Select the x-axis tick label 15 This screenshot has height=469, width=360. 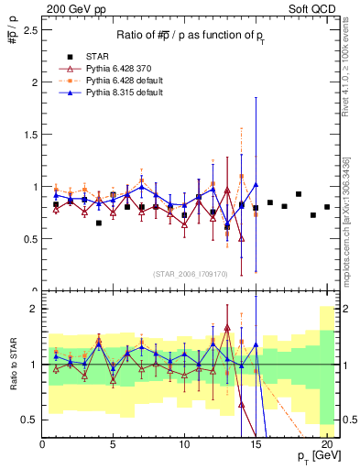(x=255, y=444)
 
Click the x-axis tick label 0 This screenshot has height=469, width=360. (x=42, y=444)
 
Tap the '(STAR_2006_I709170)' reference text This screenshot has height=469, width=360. (x=191, y=272)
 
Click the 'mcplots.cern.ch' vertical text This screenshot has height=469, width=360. (x=353, y=238)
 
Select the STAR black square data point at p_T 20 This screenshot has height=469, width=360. (x=327, y=207)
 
